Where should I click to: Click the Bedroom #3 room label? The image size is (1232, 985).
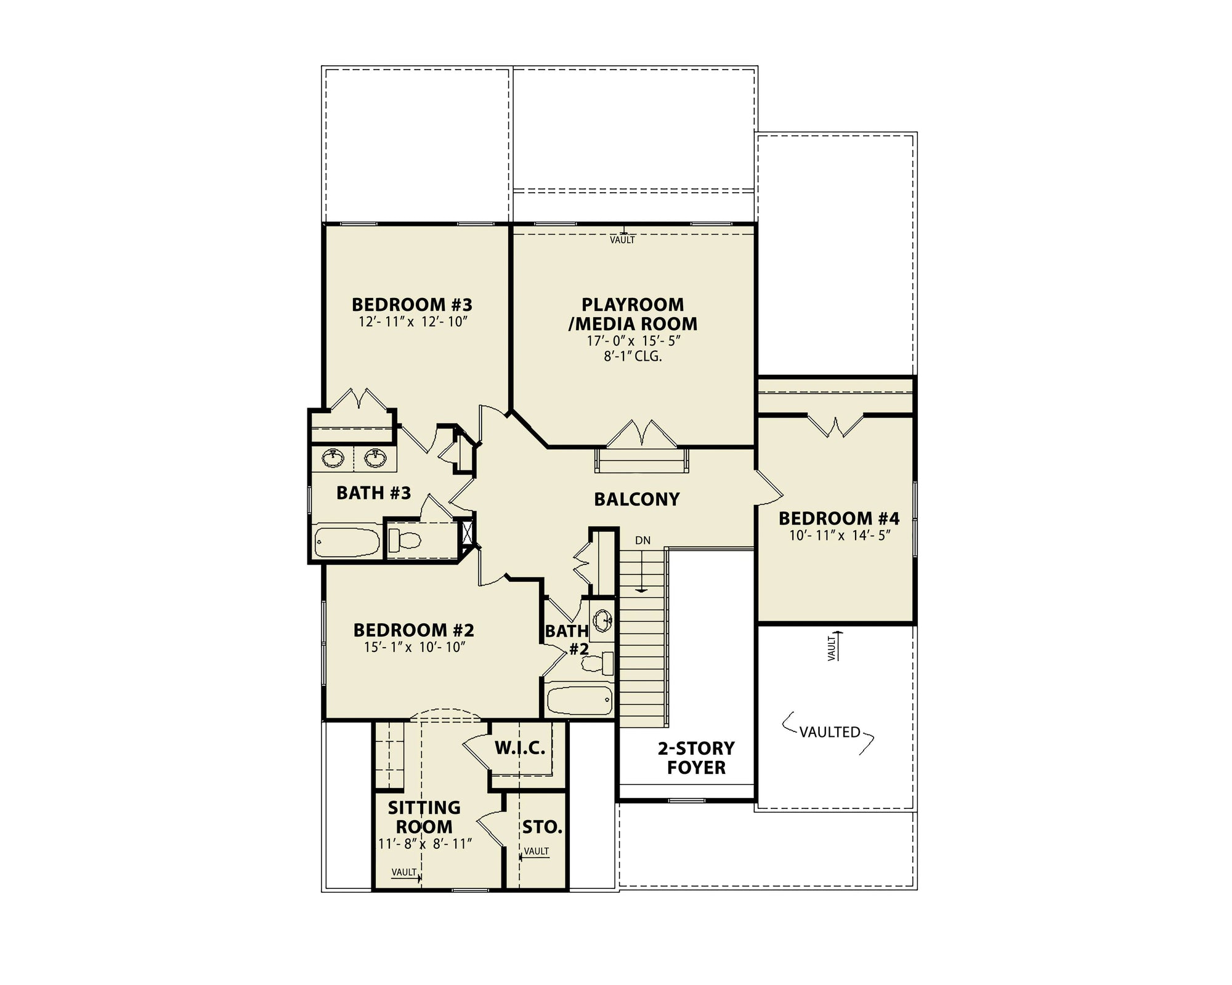click(411, 305)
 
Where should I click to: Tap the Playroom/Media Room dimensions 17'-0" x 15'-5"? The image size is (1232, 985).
click(633, 341)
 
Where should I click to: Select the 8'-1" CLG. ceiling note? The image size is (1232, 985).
click(633, 356)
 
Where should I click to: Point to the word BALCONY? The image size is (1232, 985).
click(637, 499)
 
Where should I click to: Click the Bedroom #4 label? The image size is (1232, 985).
click(839, 518)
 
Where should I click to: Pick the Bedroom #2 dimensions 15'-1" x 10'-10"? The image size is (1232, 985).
click(415, 647)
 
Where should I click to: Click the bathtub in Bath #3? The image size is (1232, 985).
click(347, 542)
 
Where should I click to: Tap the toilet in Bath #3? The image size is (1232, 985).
click(405, 541)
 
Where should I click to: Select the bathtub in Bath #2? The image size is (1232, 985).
click(580, 700)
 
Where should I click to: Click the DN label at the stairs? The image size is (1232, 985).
click(642, 541)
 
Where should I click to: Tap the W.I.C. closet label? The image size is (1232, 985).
click(520, 749)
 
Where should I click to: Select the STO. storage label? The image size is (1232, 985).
click(542, 827)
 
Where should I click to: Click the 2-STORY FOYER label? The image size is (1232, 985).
click(696, 758)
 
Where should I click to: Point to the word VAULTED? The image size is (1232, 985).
click(830, 732)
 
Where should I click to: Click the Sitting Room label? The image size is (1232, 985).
click(424, 817)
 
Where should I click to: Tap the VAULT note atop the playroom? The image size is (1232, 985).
click(622, 240)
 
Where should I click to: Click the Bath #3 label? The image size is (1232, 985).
click(373, 493)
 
